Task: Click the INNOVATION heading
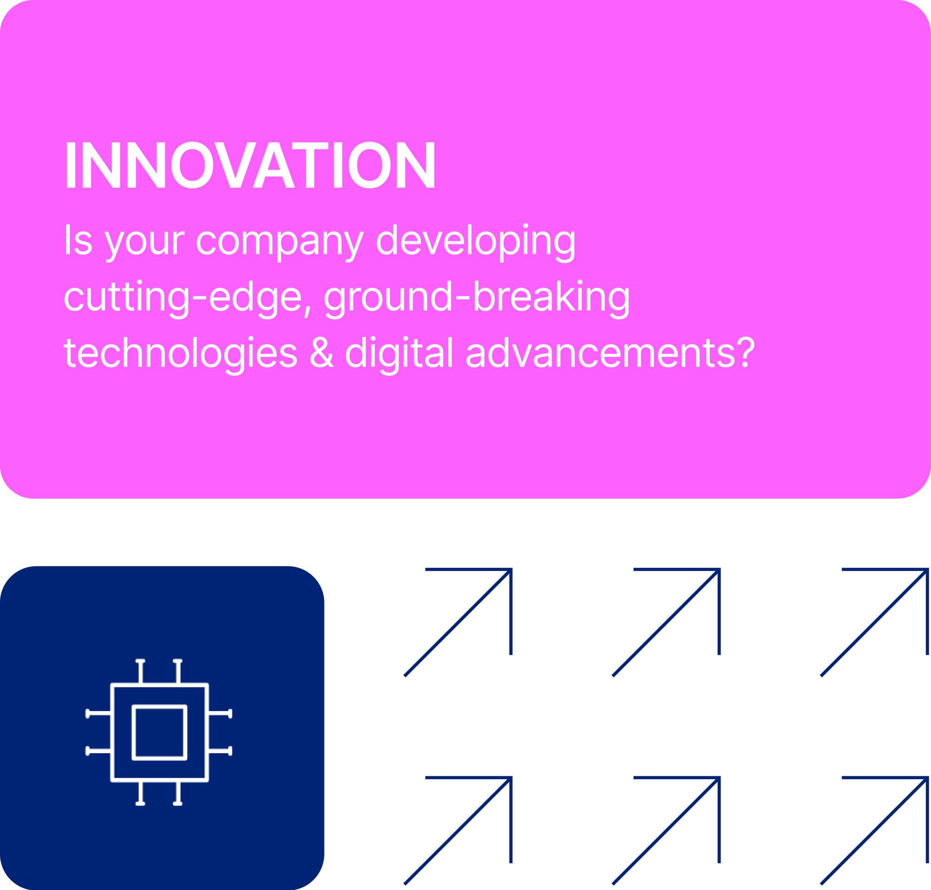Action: [x=250, y=164]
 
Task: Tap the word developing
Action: [x=476, y=243]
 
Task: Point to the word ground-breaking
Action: [x=477, y=299]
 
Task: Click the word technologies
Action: [x=181, y=356]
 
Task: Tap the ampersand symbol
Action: [x=322, y=353]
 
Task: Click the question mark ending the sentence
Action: [x=746, y=352]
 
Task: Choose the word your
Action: [x=145, y=243]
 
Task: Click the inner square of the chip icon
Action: [x=159, y=733]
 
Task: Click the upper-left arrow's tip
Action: [x=511, y=569]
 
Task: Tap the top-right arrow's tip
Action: [x=927, y=569]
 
